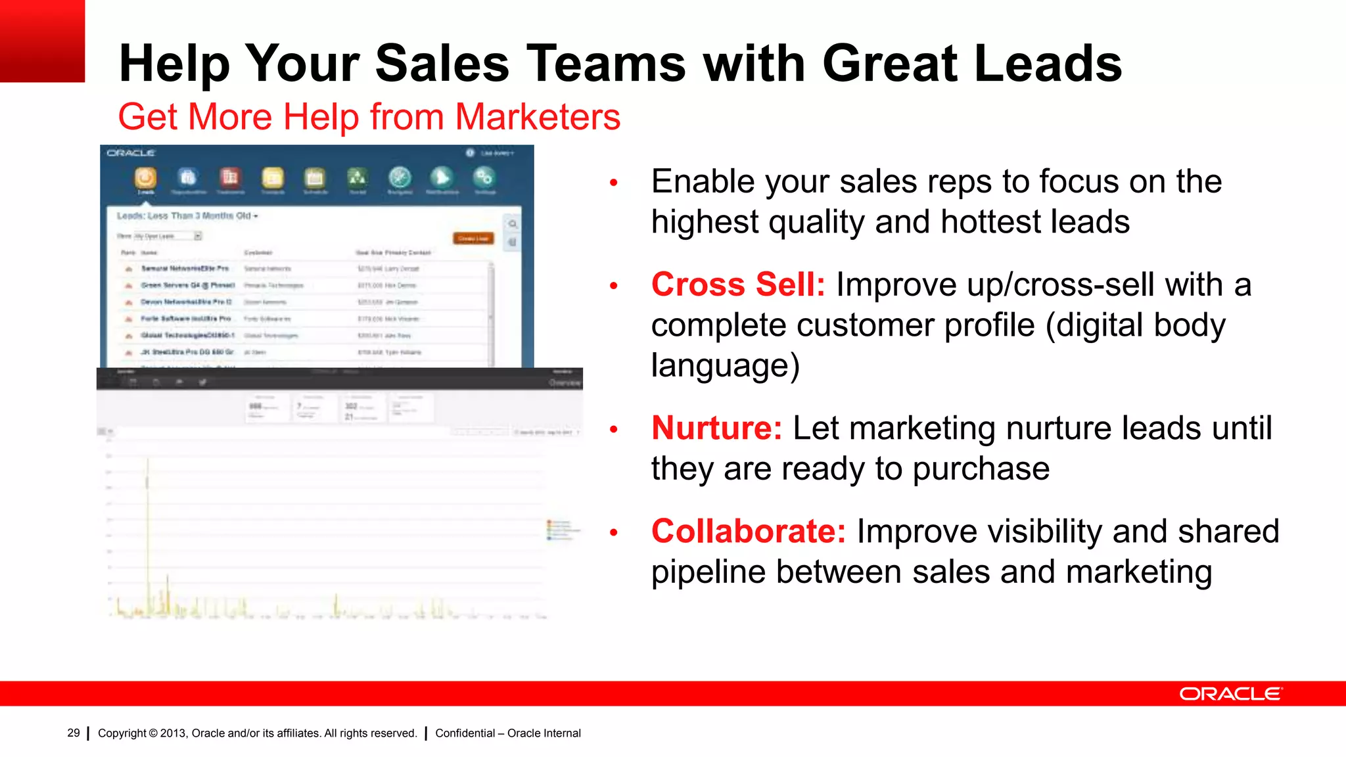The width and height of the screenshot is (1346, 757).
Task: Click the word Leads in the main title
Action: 1048,64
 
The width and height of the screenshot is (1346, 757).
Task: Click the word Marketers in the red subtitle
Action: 537,117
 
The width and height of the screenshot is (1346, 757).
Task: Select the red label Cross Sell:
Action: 737,285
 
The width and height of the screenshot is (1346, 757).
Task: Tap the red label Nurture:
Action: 716,428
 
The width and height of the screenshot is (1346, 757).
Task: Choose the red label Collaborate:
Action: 748,531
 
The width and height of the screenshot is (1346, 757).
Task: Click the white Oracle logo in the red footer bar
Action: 1230,694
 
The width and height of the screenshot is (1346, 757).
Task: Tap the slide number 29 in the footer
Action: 74,733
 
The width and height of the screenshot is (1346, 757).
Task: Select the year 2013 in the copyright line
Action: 173,733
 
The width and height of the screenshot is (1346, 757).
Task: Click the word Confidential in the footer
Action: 465,733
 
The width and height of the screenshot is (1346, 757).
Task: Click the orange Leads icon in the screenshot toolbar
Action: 145,177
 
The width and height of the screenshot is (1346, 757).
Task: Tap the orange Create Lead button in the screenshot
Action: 473,238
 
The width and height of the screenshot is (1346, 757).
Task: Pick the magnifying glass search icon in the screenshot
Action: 513,224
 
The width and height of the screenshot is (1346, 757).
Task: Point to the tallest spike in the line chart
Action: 148,467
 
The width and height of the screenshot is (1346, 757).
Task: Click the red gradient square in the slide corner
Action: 42,41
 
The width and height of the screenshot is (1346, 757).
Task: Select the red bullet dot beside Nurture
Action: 614,430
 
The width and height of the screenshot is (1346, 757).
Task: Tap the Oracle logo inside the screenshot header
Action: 131,153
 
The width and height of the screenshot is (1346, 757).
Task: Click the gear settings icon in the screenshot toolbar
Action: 484,177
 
